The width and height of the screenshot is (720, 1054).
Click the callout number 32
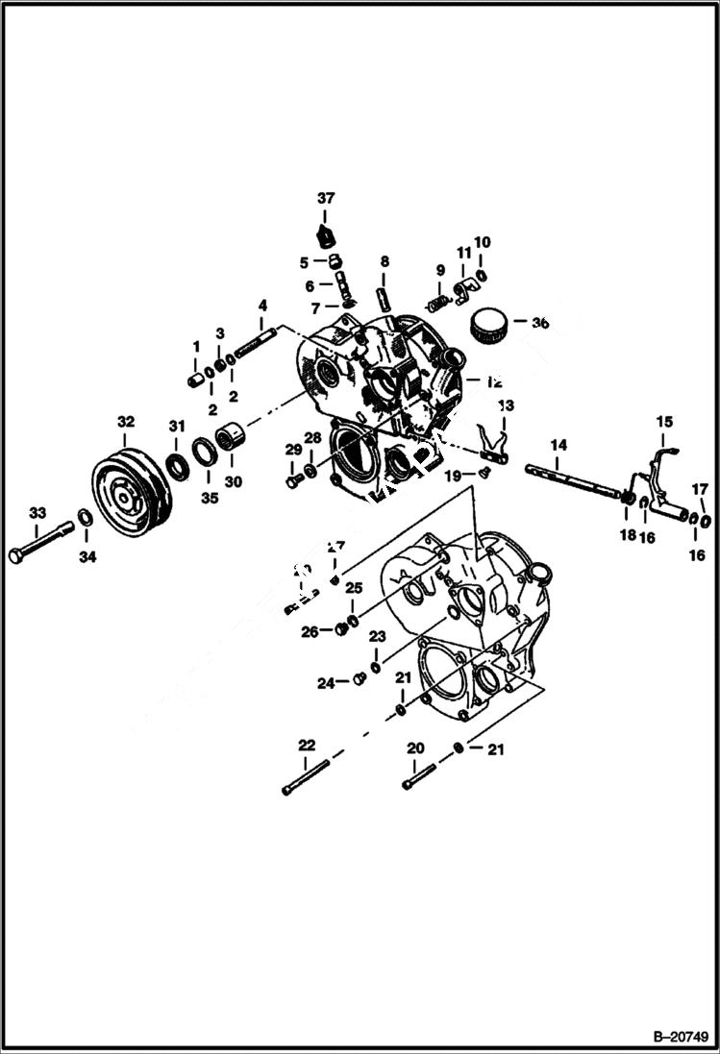(x=126, y=421)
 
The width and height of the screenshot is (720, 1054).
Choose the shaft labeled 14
(x=572, y=481)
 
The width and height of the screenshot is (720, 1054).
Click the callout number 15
(x=665, y=422)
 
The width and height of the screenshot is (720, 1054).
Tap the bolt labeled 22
(x=306, y=776)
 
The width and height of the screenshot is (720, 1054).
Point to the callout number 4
(x=261, y=306)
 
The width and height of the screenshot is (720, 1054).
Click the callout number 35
(x=209, y=498)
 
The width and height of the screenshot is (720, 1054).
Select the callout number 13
(x=506, y=404)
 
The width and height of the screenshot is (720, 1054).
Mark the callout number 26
(x=309, y=631)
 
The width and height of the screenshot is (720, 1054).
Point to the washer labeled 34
(x=85, y=519)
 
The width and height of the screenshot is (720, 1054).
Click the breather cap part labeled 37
(x=326, y=235)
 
